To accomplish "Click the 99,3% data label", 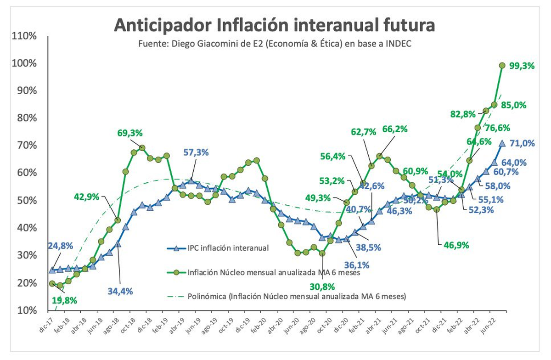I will click(522, 66).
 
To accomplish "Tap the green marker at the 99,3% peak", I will click(502, 65).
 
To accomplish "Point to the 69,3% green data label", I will click(130, 133).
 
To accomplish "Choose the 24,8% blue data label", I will click(61, 246).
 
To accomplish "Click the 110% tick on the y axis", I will click(24, 36).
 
